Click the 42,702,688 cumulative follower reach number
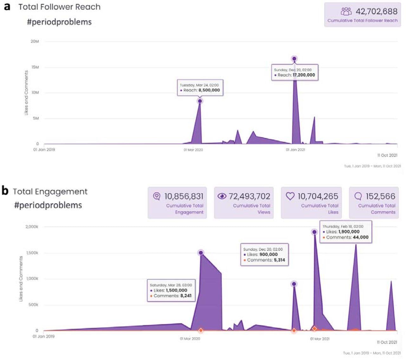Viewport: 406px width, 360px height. click(376, 11)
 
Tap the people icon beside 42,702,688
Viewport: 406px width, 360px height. click(346, 11)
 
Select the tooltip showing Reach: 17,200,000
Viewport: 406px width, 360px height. click(295, 73)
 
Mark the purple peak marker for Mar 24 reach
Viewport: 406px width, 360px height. click(200, 101)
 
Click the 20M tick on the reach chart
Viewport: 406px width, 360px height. click(35, 42)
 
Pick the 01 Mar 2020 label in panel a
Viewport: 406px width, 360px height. click(193, 150)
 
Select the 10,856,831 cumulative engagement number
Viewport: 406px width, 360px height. click(184, 196)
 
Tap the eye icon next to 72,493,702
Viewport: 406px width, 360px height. click(222, 196)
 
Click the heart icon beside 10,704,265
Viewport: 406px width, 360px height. click(290, 196)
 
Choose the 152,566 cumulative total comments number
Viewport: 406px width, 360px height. click(380, 196)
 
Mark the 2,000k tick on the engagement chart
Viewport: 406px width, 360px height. click(32, 227)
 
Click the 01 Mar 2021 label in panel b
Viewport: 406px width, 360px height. click(319, 339)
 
